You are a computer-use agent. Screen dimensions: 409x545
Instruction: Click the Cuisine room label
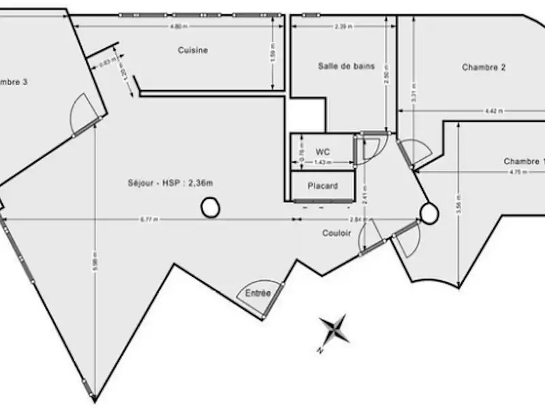(x=193, y=50)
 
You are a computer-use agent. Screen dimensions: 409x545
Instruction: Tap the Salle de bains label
(x=346, y=66)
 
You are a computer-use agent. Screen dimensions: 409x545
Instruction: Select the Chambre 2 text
(x=484, y=67)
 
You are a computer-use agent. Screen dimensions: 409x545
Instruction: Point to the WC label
(x=322, y=151)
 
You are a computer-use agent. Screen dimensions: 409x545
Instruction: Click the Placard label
(x=322, y=185)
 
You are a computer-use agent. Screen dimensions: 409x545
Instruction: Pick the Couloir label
(x=337, y=233)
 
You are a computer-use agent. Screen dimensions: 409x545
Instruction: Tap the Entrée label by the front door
(x=258, y=293)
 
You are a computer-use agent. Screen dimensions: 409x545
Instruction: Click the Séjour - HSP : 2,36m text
(x=165, y=183)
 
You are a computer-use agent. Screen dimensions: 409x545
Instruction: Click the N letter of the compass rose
(x=319, y=350)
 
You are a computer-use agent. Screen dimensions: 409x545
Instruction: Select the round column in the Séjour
(x=210, y=207)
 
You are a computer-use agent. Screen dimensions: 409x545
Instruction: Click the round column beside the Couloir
(x=429, y=213)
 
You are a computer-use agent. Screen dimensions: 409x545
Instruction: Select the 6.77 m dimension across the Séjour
(x=149, y=219)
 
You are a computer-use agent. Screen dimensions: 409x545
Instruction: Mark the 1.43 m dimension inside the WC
(x=322, y=163)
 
